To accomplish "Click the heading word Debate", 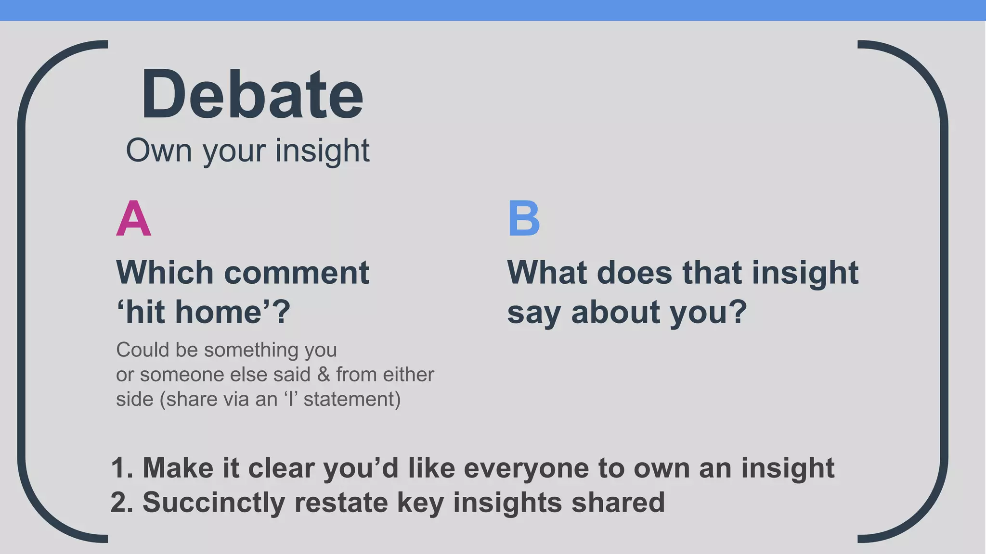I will pos(252,94).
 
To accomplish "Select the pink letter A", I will pos(133,219).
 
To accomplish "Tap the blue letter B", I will pos(524,219).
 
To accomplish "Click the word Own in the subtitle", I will pos(159,151).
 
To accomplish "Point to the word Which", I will pos(165,273).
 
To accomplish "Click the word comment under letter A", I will pos(297,273).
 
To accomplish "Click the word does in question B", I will pos(634,273).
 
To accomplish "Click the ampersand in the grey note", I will pos(324,374).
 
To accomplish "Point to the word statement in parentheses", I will pos(349,399).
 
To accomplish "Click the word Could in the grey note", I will pos(143,350).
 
